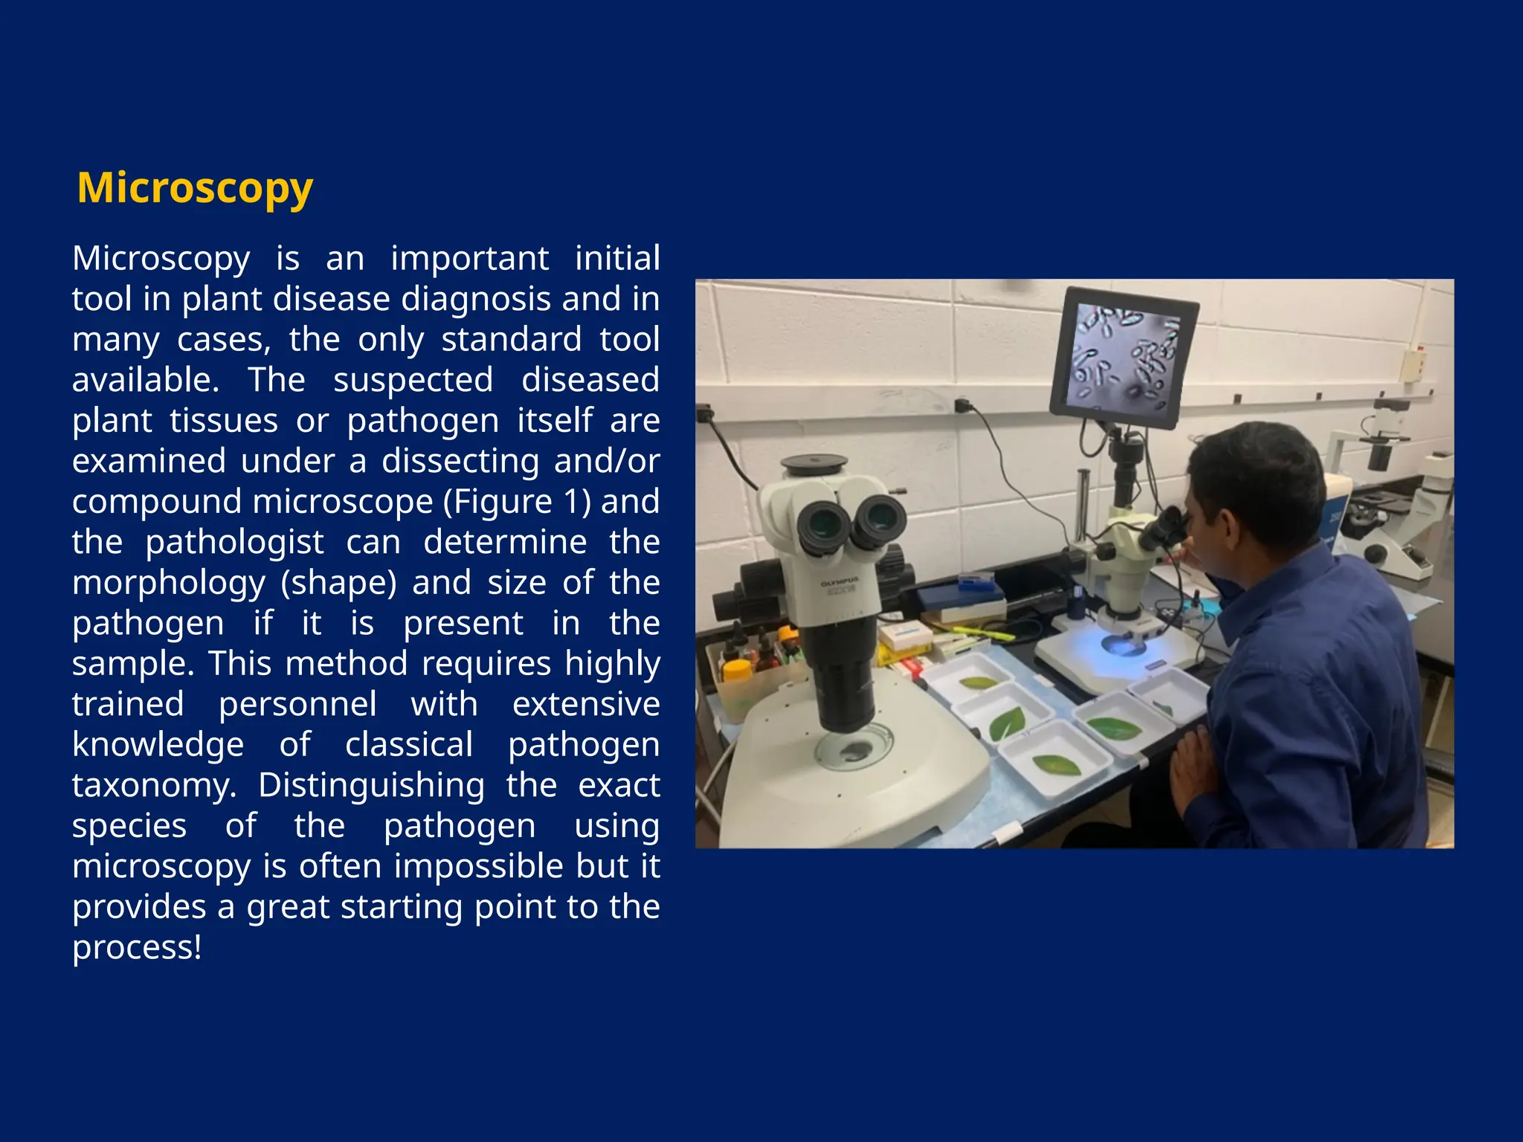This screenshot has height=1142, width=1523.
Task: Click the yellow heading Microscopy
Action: [195, 187]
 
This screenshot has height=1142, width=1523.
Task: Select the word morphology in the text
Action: [169, 583]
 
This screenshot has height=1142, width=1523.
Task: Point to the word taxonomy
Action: [153, 785]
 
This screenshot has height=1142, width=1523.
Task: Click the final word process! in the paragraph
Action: [137, 947]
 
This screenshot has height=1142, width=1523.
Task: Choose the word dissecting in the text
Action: [460, 461]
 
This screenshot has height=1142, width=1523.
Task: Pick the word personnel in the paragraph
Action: [297, 704]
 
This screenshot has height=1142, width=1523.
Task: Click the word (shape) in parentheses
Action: [338, 583]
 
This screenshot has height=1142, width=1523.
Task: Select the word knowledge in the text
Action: [158, 744]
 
